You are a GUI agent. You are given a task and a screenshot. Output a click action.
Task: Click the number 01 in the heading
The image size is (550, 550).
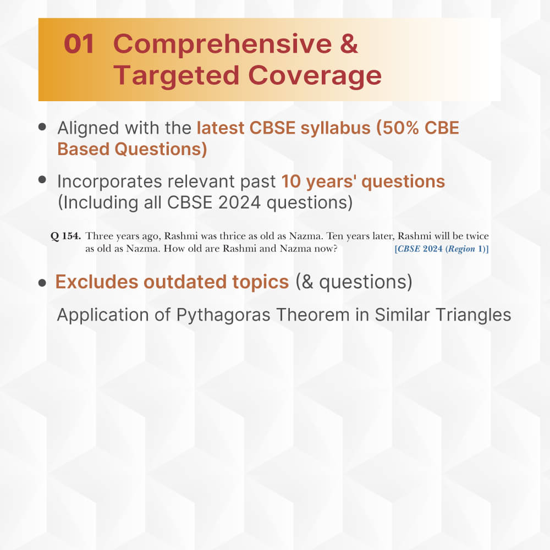coord(79,44)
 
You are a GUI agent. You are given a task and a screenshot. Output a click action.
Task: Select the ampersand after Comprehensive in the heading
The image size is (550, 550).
coord(349,44)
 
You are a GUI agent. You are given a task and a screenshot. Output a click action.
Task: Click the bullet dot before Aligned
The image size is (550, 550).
coord(42,127)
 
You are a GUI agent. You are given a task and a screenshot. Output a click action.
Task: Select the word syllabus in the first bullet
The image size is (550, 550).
coord(335,129)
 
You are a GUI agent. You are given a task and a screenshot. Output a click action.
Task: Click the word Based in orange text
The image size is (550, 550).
coord(84,149)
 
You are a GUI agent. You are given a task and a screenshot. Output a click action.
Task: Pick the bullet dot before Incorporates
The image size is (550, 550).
coord(42,180)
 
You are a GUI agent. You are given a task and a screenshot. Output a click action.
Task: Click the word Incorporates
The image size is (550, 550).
coord(109,182)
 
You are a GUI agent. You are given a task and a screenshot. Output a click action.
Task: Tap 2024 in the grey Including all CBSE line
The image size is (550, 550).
coord(239,203)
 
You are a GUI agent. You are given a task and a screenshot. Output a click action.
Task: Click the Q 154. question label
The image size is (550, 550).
coord(65,236)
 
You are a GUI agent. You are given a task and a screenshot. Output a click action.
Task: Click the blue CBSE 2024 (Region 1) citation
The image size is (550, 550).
coord(442,249)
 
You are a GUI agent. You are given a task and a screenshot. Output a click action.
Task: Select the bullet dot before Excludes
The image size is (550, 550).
coord(42,283)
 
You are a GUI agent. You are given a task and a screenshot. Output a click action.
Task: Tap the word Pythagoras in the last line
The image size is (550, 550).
coord(223,315)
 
